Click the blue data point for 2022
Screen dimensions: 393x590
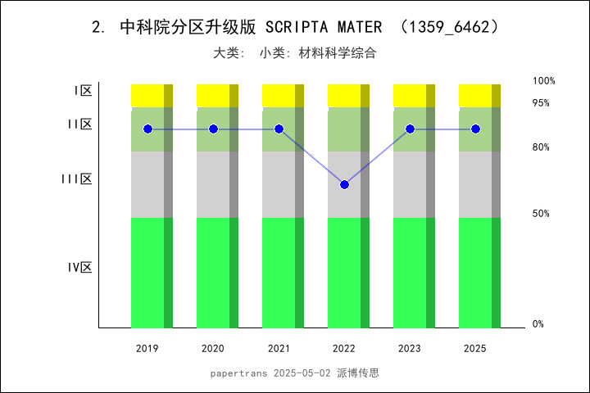[x=344, y=184]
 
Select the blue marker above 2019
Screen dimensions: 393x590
[x=147, y=129]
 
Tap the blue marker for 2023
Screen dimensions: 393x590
[x=410, y=129]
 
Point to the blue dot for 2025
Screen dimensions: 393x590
[x=475, y=129]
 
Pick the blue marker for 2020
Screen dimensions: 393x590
[x=213, y=129]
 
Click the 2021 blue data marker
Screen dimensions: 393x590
[x=279, y=129]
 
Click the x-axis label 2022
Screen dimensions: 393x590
[x=344, y=349]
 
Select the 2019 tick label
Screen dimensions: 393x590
[x=147, y=349]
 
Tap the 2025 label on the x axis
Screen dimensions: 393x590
[x=475, y=349]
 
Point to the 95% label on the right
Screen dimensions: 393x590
[x=541, y=103]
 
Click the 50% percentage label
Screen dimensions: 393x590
[x=541, y=214]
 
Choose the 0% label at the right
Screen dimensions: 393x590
[x=538, y=324]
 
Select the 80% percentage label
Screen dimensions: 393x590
[x=541, y=147]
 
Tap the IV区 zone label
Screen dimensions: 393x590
[x=79, y=268]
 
